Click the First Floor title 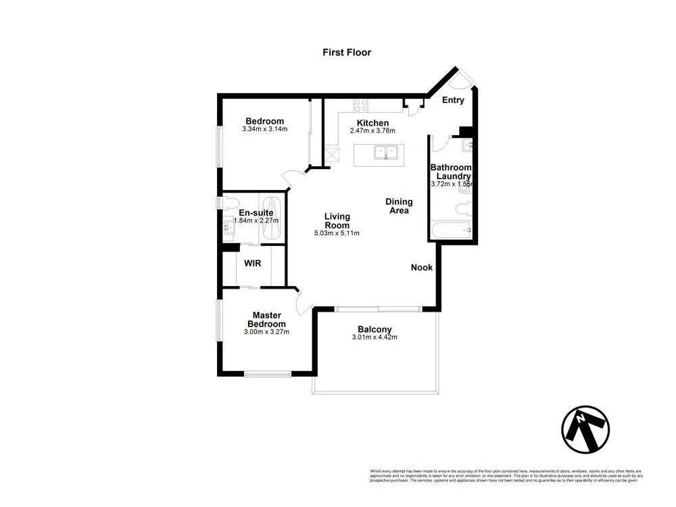pyautogui.click(x=346, y=52)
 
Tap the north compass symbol pyautogui.click(x=585, y=430)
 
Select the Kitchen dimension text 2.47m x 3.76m pyautogui.click(x=372, y=131)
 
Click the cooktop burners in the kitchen pyautogui.click(x=361, y=105)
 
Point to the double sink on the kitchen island pyautogui.click(x=385, y=153)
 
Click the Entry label pyautogui.click(x=453, y=100)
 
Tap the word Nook pyautogui.click(x=422, y=268)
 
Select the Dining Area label pyautogui.click(x=399, y=206)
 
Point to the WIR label pyautogui.click(x=253, y=262)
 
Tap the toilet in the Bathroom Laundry pyautogui.click(x=463, y=208)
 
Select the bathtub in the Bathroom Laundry pyautogui.click(x=450, y=230)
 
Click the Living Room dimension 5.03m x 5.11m pyautogui.click(x=337, y=233)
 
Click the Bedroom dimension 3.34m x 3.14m pyautogui.click(x=265, y=129)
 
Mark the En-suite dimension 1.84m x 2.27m pyautogui.click(x=256, y=220)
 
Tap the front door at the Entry pyautogui.click(x=463, y=78)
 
